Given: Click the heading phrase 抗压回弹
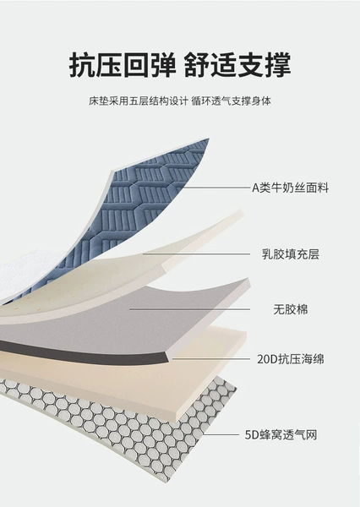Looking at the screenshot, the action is coord(123,65).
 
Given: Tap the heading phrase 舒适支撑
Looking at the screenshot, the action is coord(237,65).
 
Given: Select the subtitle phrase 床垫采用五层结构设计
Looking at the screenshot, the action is coord(138,101).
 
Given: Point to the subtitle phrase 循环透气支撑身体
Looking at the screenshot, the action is coord(231,101).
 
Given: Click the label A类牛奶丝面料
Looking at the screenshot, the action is coord(290,188).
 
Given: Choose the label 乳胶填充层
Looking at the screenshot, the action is coord(291,254).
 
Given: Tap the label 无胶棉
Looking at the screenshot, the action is coord(291,309).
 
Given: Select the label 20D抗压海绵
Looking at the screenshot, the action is coord(291,359).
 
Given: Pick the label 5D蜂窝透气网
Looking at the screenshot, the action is coord(281,435).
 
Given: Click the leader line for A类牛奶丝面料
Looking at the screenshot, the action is coord(214,188).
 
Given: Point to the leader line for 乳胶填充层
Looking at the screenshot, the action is coord(196,254).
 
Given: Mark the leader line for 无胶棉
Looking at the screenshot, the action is coord(190,309).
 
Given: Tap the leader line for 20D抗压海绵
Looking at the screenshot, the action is coord(211,358).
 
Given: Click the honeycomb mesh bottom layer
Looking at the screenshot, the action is coord(129,430).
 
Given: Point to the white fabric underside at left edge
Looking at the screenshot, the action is coord(26,271).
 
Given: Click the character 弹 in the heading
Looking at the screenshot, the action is coord(163,65).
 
